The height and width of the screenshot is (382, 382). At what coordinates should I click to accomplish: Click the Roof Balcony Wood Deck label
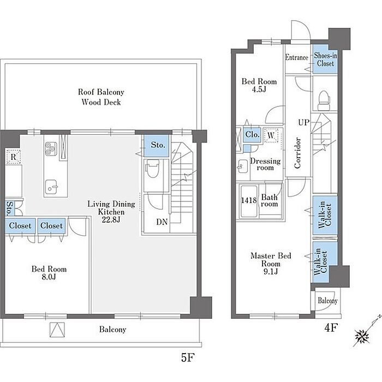[x=101, y=97]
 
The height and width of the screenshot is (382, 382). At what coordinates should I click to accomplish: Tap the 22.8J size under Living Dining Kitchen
[x=111, y=220]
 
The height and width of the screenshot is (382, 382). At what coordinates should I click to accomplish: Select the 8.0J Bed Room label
[x=49, y=273]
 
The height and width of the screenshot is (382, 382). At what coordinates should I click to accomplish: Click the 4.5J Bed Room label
[x=259, y=85]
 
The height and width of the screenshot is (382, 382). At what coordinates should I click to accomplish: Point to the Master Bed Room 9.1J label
[x=271, y=264]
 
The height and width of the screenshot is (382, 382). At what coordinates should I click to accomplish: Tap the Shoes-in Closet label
[x=325, y=59]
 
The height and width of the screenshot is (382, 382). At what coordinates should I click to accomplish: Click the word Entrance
[x=296, y=57]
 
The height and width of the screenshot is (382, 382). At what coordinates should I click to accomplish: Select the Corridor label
[x=297, y=153]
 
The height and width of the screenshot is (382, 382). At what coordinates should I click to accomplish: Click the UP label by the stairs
[x=304, y=122]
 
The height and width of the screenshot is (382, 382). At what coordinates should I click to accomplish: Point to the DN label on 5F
[x=162, y=222]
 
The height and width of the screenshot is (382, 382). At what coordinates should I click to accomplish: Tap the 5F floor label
[x=188, y=357]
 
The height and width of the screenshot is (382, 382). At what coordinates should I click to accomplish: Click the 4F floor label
[x=331, y=327]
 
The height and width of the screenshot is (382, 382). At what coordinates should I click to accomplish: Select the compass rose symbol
[x=362, y=337]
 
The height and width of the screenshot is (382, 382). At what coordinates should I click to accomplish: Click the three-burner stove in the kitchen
[x=51, y=148]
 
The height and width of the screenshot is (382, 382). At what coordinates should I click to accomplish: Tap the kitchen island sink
[x=51, y=187]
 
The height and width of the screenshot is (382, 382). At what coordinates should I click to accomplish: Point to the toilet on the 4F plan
[x=324, y=101]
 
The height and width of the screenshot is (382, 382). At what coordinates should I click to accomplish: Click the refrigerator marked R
[x=14, y=157]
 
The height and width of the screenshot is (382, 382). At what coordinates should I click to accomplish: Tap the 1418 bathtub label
[x=249, y=200]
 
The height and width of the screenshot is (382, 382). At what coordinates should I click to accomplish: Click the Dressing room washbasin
[x=242, y=166]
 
